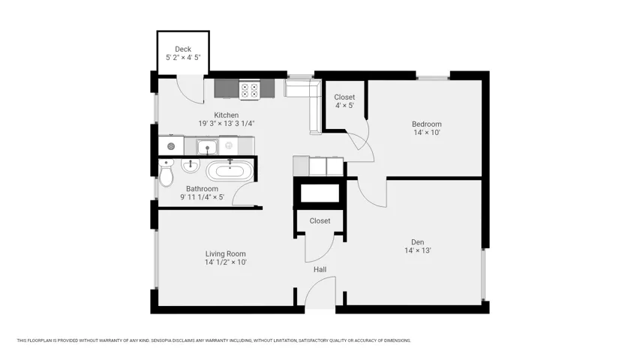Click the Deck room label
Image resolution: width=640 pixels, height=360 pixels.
pos(183,49)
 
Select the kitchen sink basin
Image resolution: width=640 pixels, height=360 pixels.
pos(207,146)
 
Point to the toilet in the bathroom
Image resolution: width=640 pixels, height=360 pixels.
pos(166,172)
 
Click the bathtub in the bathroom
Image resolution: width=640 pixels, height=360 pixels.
pos(230,170)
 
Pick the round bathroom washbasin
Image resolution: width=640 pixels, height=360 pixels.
pos(191,165)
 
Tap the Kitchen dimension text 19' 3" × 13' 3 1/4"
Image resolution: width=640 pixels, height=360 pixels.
pos(226,123)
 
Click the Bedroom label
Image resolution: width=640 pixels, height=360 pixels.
pos(426,124)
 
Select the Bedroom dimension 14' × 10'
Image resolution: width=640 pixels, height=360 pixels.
pos(426,132)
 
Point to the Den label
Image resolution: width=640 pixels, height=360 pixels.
pos(418,242)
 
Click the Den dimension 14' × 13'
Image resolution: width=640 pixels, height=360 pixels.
pos(418,250)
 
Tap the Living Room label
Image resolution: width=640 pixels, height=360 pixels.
pos(225,254)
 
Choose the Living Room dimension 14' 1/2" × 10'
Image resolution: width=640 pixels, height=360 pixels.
pos(225,262)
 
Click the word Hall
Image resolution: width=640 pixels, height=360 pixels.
pos(320,269)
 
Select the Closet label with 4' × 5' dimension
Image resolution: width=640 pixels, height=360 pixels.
pos(344,97)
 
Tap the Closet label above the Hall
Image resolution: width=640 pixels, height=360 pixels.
pos(320,220)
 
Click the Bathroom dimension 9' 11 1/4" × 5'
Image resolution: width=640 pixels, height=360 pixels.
pos(202,197)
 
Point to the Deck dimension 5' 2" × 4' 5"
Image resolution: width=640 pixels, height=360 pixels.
pos(183,58)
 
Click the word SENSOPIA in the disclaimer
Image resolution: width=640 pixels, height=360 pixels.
pos(161,340)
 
